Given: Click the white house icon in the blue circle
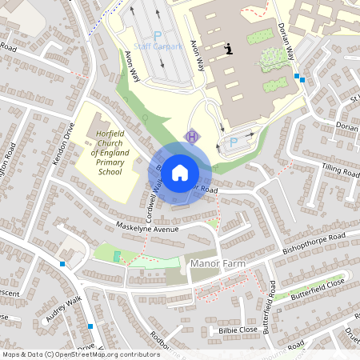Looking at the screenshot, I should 179,171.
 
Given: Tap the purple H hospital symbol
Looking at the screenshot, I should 191,137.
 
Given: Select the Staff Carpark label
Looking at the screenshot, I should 158,46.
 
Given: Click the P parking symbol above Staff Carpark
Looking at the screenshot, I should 158,35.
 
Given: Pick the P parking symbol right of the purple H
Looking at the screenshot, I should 234,142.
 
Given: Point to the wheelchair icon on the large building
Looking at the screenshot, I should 230,49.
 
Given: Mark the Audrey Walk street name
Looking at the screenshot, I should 65,310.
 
